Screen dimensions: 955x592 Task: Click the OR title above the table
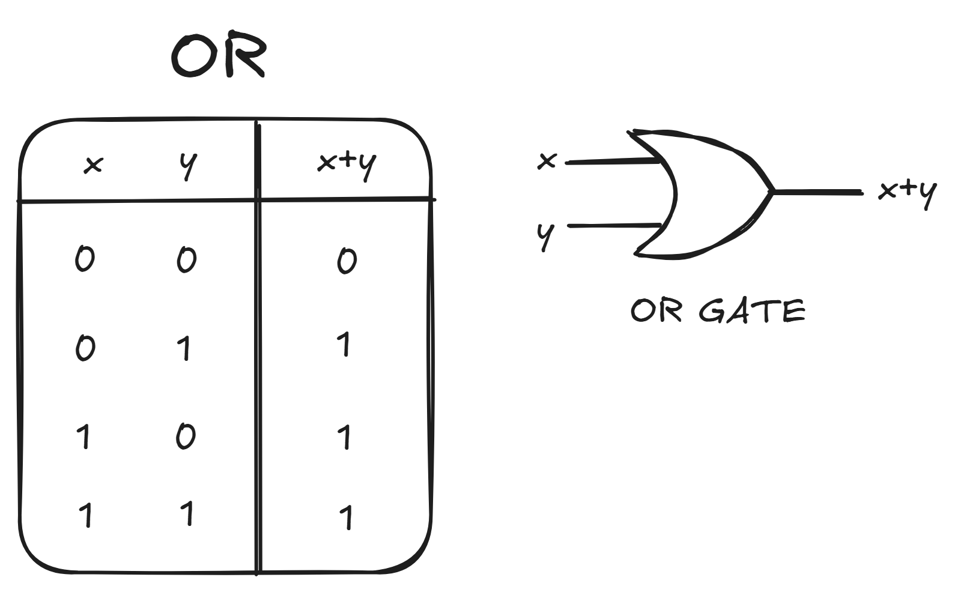click(x=219, y=56)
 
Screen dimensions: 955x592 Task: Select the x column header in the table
click(x=93, y=165)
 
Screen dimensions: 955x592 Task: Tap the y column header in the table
click(x=189, y=165)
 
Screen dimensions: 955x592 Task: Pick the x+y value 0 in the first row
click(x=347, y=261)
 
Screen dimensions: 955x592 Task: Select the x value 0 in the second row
click(x=85, y=348)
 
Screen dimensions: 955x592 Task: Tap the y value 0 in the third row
click(x=186, y=436)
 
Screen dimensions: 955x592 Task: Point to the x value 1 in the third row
click(x=85, y=436)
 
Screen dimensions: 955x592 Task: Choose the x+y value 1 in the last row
click(x=345, y=518)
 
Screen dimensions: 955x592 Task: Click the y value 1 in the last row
click(x=188, y=514)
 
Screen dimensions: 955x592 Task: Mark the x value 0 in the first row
click(x=85, y=259)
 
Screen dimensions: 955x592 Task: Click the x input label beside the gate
click(x=547, y=161)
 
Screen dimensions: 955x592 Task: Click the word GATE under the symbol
click(x=752, y=311)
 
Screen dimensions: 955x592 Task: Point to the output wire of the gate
click(x=817, y=192)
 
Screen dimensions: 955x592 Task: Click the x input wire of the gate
click(x=613, y=161)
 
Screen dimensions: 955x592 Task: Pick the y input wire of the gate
click(x=614, y=226)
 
